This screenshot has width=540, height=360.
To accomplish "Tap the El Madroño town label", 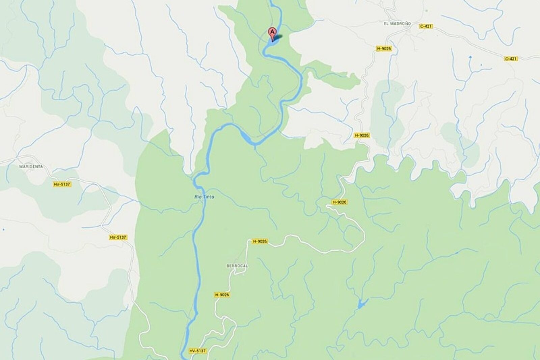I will [x=397, y=24].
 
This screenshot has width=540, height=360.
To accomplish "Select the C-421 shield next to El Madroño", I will [x=426, y=26].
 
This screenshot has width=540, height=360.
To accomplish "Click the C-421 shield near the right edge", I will [x=511, y=59].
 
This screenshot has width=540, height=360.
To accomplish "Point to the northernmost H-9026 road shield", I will [x=384, y=49].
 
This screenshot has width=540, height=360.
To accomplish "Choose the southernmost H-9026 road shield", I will [x=222, y=295].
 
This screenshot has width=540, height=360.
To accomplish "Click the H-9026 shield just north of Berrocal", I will [x=260, y=241].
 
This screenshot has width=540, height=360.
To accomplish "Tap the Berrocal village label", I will [x=237, y=266].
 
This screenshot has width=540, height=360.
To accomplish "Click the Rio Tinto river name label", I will [x=204, y=197].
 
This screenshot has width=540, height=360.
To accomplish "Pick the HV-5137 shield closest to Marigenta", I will [x=62, y=184].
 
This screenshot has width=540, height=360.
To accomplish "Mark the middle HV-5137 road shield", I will [x=118, y=237].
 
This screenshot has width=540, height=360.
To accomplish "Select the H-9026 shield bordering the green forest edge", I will [x=361, y=135].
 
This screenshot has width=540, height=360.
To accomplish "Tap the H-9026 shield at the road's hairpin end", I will [x=339, y=202].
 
